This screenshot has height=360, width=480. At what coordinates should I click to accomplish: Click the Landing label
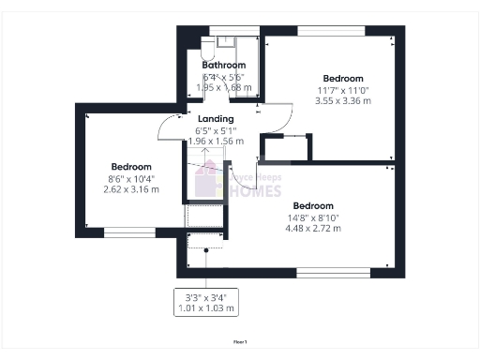coord(216,119)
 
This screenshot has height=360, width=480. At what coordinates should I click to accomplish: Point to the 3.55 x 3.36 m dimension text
coord(342,100)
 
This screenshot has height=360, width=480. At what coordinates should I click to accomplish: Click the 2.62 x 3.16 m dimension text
coord(130,188)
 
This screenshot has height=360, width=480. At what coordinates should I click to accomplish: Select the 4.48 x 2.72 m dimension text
coord(312,228)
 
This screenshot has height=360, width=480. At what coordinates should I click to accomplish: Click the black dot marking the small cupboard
coord(206,250)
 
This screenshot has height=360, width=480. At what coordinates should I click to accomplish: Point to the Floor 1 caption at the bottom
coord(240,342)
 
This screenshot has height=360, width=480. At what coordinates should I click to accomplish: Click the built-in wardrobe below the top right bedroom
coord(286,148)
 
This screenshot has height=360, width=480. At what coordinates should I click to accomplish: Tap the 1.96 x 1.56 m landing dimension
coord(216,142)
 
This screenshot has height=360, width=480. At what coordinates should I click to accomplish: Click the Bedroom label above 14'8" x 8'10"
coord(312,205)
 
